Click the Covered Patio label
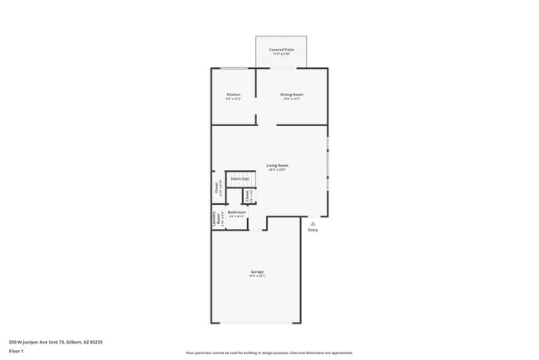pyautogui.click(x=282, y=50)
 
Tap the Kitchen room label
pyautogui.click(x=233, y=95)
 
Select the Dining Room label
pyautogui.click(x=291, y=95)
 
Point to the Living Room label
pyautogui.click(x=277, y=165)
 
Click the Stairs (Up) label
pyautogui.click(x=240, y=178)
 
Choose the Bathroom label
pyautogui.click(x=236, y=212)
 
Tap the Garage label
pyautogui.click(x=257, y=271)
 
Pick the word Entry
pyautogui.click(x=313, y=230)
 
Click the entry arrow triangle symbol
pyautogui.click(x=313, y=223)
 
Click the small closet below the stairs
pyautogui.click(x=247, y=196)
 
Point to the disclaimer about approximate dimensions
pyautogui.click(x=269, y=353)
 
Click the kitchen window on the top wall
pyautogui.click(x=235, y=68)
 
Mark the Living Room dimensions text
pyautogui.click(x=277, y=170)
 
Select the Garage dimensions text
pyautogui.click(x=257, y=276)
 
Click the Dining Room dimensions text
pyautogui.click(x=291, y=100)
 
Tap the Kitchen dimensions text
pyautogui.click(x=233, y=100)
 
